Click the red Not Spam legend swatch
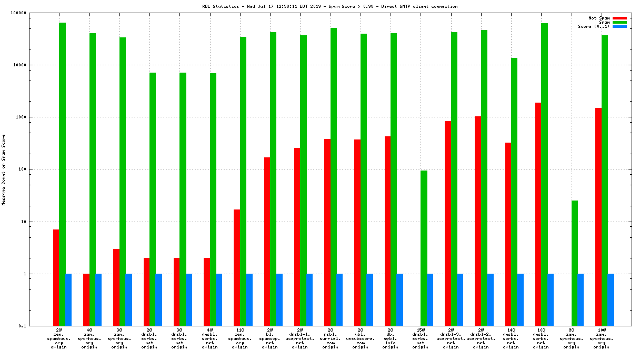[619, 18]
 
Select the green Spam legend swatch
[619, 22]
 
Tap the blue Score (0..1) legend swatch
[619, 26]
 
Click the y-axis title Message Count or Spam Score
[4, 169]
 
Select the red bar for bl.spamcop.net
[267, 242]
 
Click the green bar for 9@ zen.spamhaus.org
[575, 263]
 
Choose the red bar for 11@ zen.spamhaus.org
[237, 268]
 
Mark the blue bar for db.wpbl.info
[400, 300]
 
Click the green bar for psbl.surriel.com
[334, 177]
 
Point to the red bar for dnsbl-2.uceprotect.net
[478, 221]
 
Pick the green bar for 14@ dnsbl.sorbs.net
[514, 192]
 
